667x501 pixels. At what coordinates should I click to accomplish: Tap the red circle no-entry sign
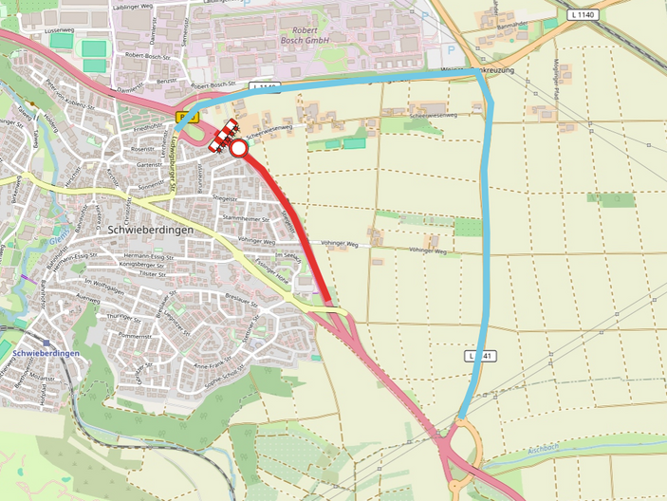(x=238, y=148)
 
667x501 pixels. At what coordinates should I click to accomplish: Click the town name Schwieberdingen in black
(x=152, y=230)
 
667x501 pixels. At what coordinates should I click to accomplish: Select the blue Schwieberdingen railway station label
(x=46, y=353)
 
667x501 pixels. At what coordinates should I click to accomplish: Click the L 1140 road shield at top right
(x=584, y=15)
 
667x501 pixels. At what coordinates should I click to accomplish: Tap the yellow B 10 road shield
(x=188, y=118)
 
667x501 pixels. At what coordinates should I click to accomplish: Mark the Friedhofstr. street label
(x=151, y=126)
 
